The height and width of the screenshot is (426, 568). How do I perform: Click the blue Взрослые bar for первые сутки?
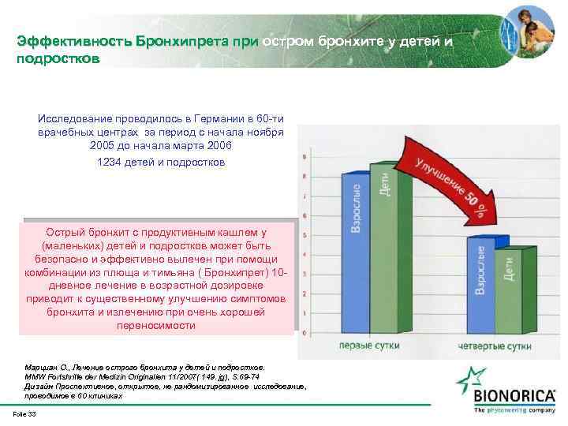click(x=355, y=252)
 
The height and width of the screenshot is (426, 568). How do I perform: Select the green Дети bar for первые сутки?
click(x=383, y=252)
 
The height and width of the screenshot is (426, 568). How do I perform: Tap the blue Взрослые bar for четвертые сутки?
click(x=478, y=292)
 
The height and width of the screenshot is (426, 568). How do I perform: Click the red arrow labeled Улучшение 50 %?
click(x=450, y=189)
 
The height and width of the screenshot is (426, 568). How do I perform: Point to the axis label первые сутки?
click(x=368, y=346)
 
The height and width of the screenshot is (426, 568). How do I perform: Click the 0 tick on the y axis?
click(x=305, y=334)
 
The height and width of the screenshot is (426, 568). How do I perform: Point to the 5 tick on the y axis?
click(x=305, y=235)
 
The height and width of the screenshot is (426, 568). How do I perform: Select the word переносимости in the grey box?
click(x=159, y=325)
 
